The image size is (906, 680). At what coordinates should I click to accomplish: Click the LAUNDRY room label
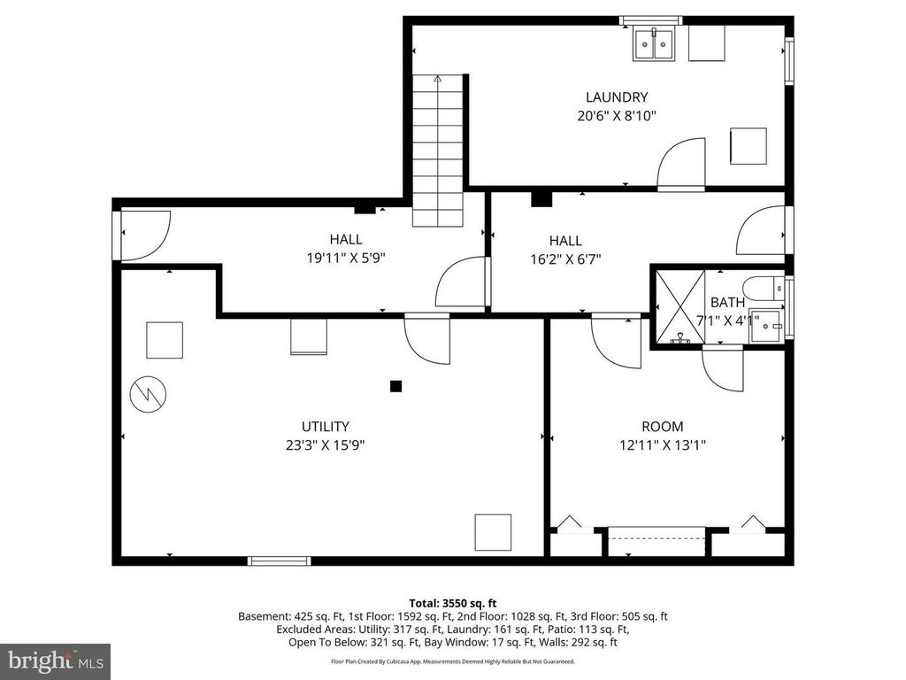(x=617, y=97)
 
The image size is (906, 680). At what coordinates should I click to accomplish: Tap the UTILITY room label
(x=326, y=427)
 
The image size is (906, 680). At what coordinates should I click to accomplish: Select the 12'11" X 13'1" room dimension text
(x=663, y=445)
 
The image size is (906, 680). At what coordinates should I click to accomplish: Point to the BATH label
(x=727, y=302)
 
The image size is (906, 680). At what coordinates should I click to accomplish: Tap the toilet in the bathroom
(x=764, y=289)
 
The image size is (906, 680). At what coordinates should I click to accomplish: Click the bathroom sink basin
(x=766, y=326)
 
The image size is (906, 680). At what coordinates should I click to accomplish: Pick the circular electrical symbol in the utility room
(x=148, y=394)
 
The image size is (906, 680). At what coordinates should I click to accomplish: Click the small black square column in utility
(x=395, y=386)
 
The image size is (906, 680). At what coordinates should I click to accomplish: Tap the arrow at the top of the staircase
(x=438, y=79)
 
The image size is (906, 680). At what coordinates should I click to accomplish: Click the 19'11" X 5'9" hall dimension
(x=346, y=258)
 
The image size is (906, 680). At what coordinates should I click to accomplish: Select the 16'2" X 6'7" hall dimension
(x=565, y=259)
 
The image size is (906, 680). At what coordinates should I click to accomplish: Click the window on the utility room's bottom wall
(x=279, y=560)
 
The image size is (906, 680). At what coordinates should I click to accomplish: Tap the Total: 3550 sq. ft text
(x=453, y=604)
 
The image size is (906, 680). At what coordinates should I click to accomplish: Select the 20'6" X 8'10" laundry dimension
(x=617, y=116)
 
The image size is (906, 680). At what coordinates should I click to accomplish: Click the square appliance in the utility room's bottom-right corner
(x=493, y=532)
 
